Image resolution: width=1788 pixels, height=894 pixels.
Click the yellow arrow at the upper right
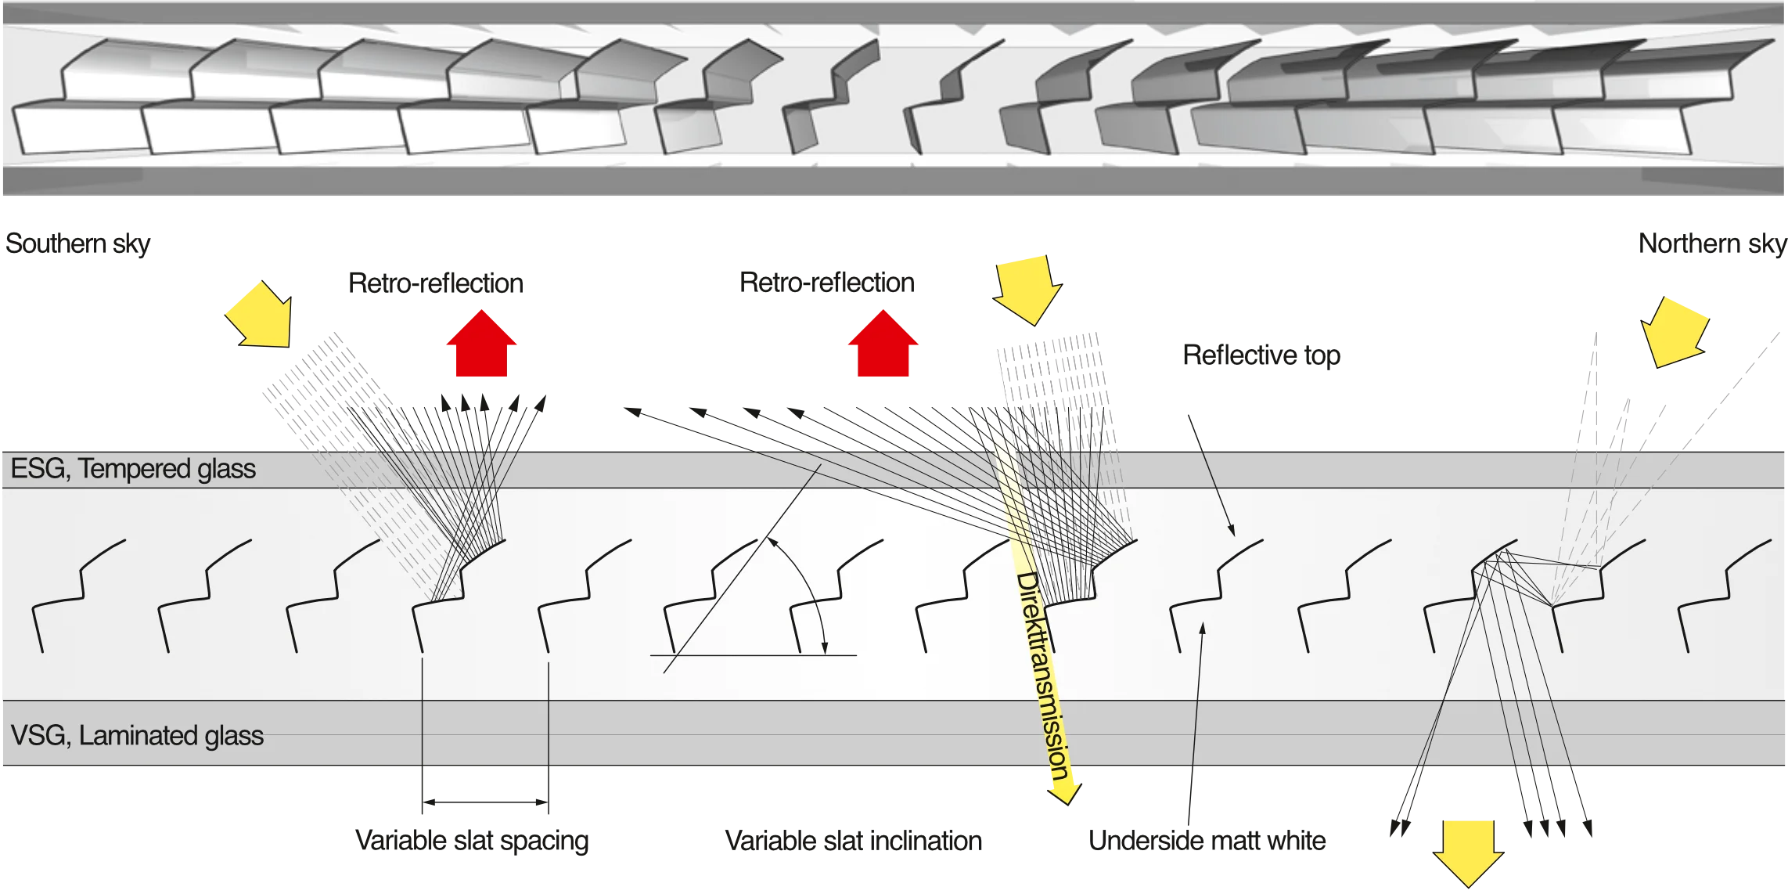[1675, 330]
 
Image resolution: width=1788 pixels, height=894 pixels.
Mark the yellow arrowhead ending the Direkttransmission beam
[1065, 792]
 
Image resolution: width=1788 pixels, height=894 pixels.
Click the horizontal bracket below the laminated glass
[485, 802]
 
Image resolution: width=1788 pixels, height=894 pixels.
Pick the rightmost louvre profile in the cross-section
[1721, 595]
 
